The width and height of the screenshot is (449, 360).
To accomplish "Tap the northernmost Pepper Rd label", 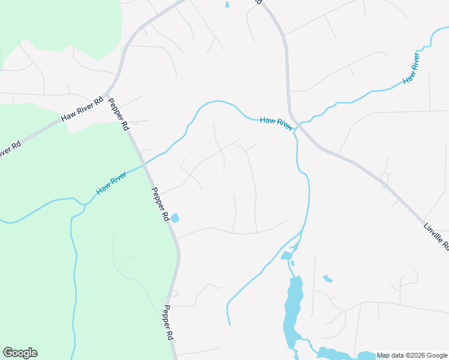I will click(118, 114).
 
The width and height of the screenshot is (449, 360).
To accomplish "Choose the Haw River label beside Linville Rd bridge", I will click(276, 124).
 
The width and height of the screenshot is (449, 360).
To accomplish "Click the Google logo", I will click(20, 353).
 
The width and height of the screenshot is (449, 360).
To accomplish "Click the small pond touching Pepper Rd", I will click(175, 218).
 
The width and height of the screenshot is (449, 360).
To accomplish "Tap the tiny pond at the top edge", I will click(227, 5).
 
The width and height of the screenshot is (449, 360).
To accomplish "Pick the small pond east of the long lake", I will click(327, 278).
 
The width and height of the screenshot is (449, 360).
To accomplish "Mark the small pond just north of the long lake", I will click(286, 256).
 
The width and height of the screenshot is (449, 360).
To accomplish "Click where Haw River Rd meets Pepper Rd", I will click(107, 94).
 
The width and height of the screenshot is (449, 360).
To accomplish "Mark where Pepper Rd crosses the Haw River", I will click(145, 163).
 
